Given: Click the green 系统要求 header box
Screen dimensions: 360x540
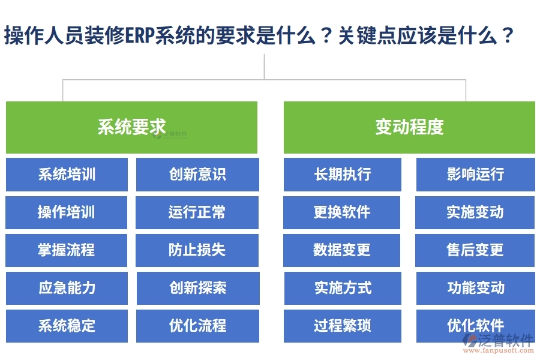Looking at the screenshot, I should tap(131, 127).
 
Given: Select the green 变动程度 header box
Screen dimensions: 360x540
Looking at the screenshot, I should tap(409, 127).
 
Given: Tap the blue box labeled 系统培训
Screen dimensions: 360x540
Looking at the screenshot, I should tap(67, 175).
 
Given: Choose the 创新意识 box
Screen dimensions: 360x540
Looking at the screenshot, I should tap(197, 175).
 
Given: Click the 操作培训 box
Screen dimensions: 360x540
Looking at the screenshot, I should tap(67, 212).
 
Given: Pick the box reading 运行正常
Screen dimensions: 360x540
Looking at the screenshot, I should tap(197, 212).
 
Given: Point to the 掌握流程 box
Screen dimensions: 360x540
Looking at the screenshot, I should tap(67, 250).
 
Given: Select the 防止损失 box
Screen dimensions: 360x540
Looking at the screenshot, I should tap(197, 250).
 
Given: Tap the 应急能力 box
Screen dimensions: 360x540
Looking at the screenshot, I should tap(67, 288).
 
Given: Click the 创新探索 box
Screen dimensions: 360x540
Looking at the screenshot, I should tap(197, 288).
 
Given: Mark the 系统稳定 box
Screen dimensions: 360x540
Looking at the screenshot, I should tap(67, 326).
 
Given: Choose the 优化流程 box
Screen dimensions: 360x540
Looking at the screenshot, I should tap(197, 326).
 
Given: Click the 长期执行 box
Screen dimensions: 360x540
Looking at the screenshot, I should tap(342, 175).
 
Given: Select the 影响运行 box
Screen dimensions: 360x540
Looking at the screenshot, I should tap(475, 175).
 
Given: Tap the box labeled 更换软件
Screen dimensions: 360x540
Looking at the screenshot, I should tap(342, 212).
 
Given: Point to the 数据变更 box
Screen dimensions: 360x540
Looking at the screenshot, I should tap(342, 250).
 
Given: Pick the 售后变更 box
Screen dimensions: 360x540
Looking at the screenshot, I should tap(475, 250).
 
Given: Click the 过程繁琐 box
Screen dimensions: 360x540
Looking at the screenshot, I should tap(342, 326).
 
